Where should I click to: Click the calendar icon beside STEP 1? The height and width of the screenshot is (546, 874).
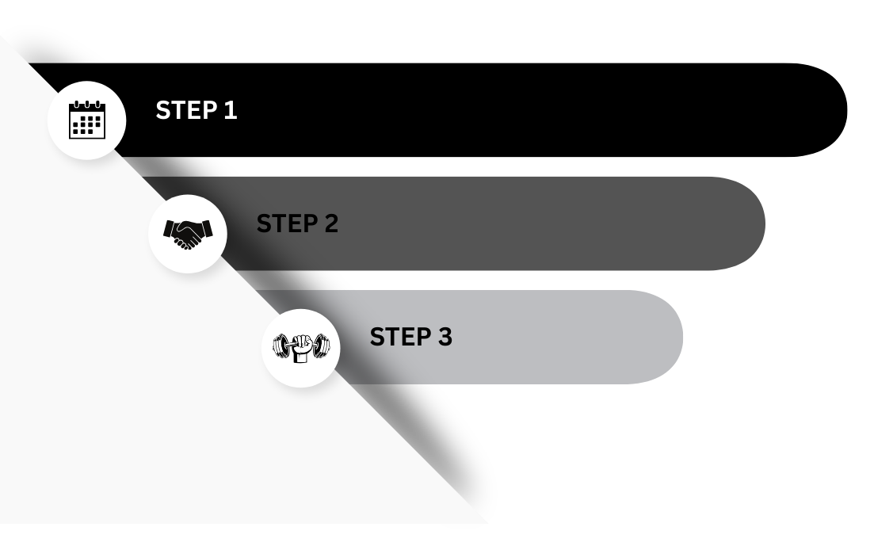87,120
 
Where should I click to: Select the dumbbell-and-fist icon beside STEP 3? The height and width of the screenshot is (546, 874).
301,348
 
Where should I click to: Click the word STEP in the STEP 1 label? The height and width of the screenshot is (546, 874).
185,110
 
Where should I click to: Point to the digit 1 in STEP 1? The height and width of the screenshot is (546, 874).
231,110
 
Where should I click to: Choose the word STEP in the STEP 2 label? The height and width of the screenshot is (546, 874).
285,223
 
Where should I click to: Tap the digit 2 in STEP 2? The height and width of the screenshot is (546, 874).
331,223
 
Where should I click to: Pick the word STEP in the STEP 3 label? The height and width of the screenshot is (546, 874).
399,337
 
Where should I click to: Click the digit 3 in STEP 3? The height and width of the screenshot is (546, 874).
445,337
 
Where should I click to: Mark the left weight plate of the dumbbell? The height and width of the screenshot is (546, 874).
281,346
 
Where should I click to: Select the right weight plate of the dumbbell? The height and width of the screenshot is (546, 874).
322,346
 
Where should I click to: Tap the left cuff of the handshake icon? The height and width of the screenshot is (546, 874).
168,229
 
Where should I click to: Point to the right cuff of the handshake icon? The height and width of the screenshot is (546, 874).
208,229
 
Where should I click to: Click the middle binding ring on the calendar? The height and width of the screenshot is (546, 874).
87,104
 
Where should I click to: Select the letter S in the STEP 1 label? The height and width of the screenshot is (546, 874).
163,110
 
